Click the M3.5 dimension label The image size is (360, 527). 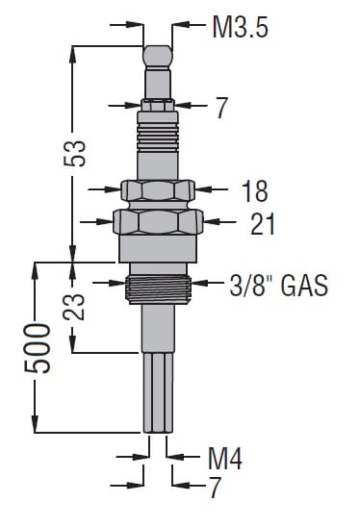[241, 27]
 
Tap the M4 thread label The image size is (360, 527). [224, 458]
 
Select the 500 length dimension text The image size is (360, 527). [37, 348]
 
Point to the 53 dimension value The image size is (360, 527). [74, 153]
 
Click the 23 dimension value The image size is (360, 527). [73, 307]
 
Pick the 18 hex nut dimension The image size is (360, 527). [255, 191]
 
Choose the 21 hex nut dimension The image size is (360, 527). [263, 223]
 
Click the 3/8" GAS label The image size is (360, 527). [278, 286]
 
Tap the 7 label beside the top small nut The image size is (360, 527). [221, 108]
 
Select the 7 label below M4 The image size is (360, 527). [215, 488]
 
